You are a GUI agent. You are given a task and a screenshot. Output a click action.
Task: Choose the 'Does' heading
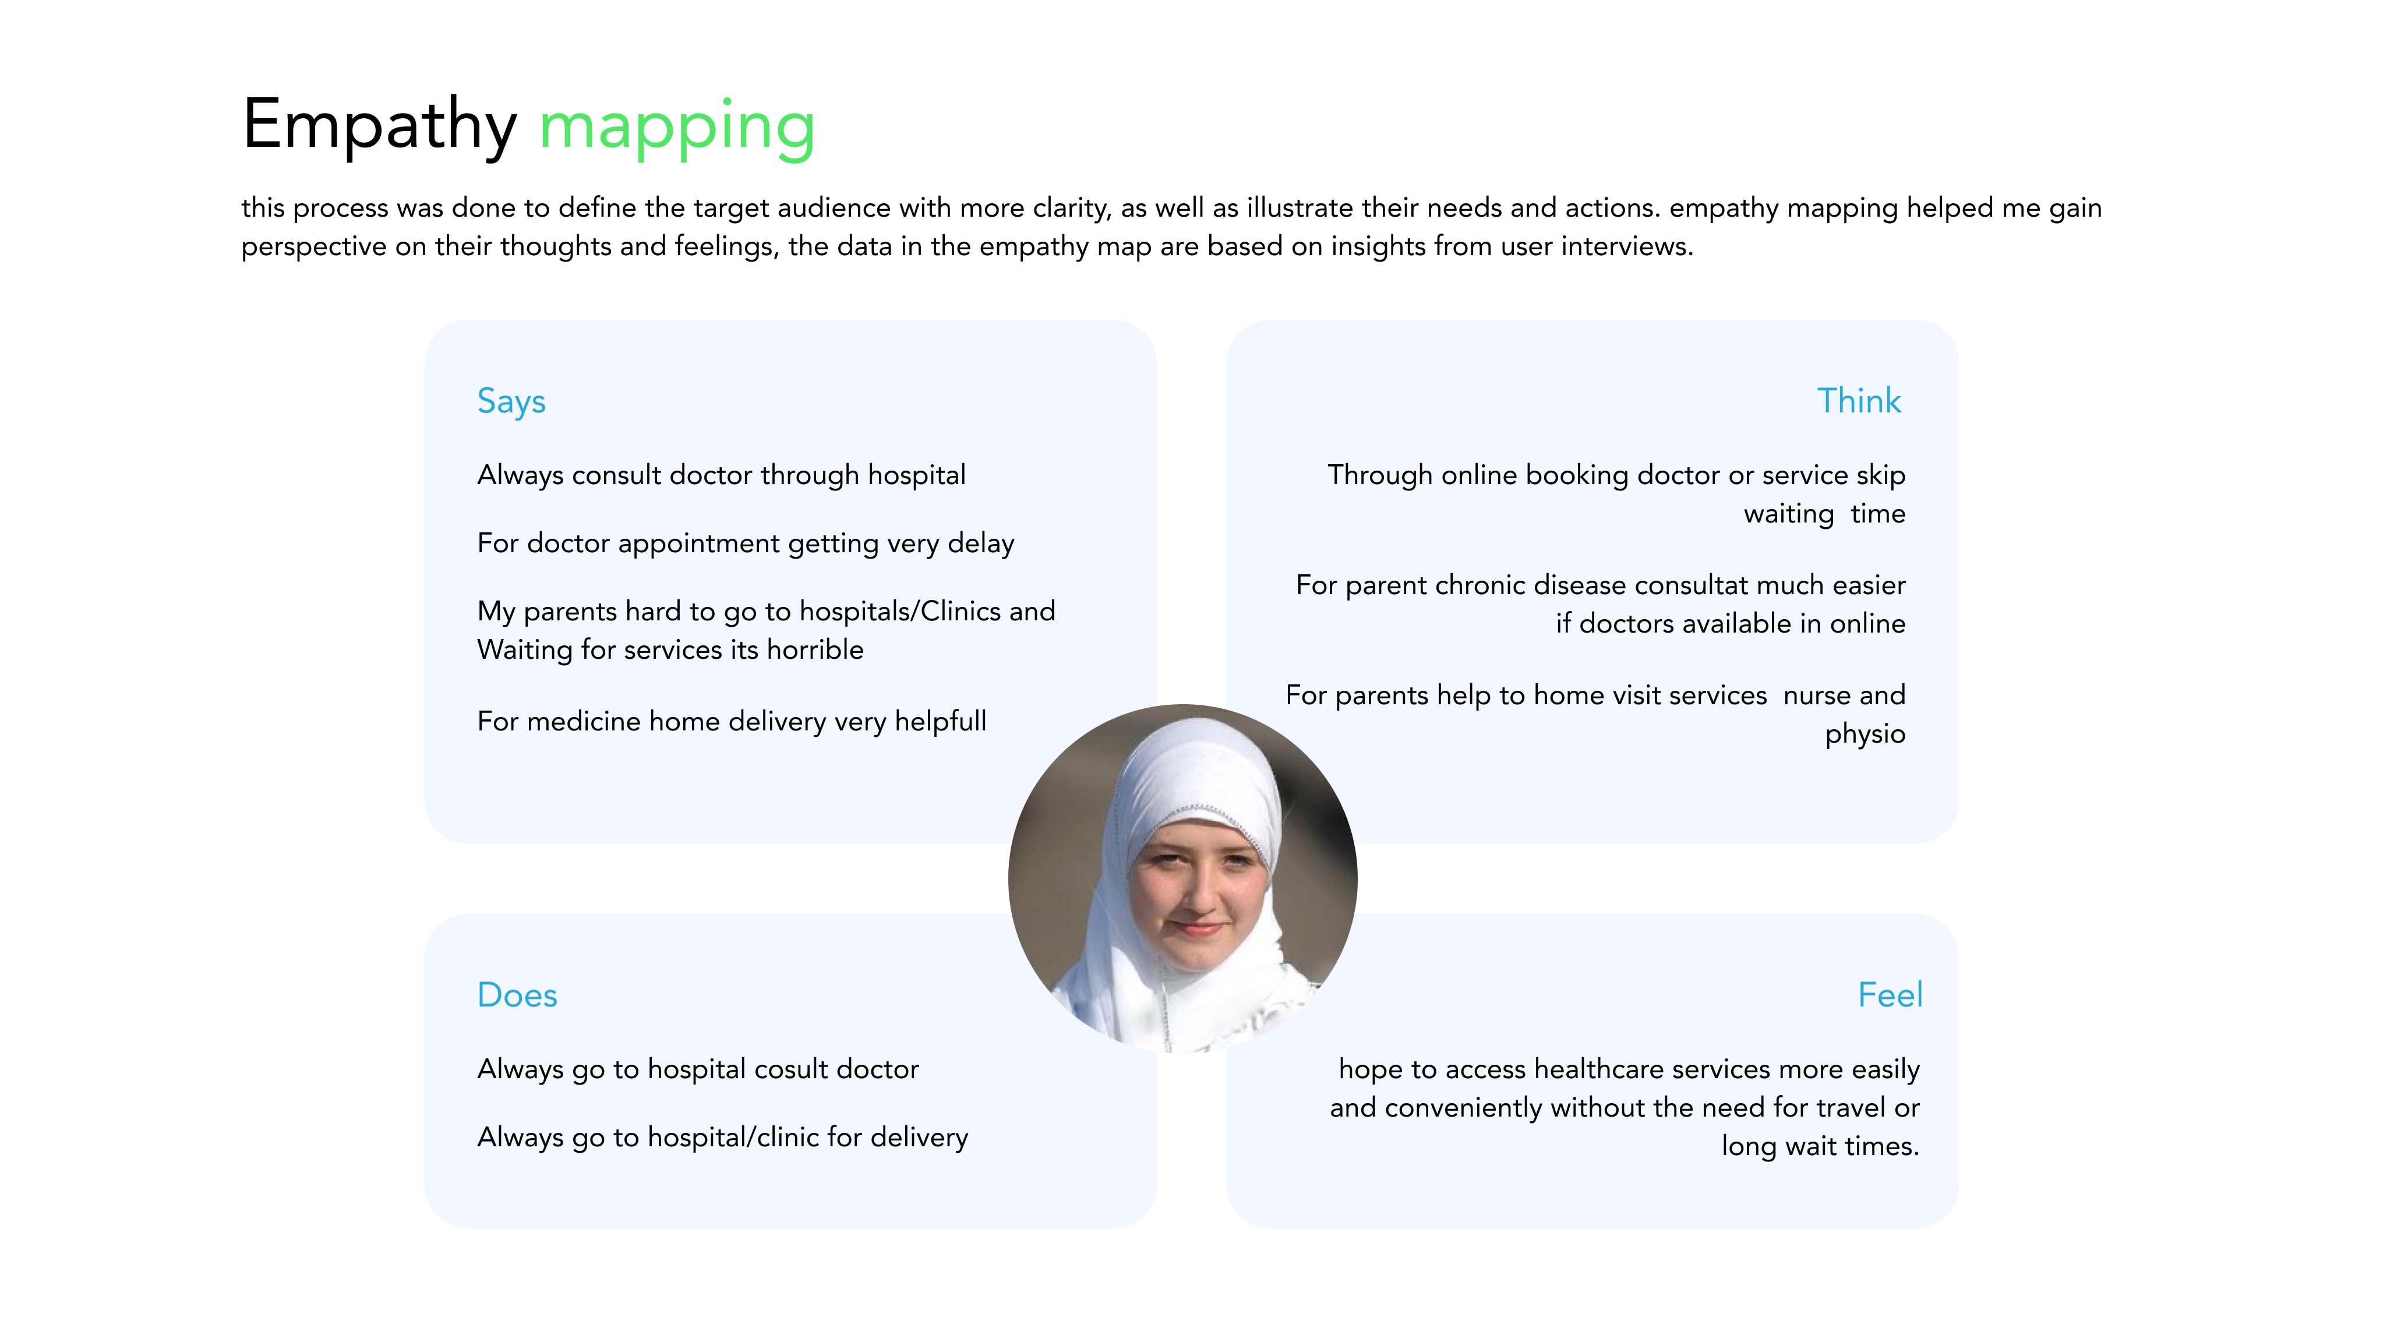[517, 995]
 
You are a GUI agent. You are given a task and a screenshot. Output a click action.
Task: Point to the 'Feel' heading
[1890, 995]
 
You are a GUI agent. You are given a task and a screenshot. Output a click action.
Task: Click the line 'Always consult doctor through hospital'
[721, 475]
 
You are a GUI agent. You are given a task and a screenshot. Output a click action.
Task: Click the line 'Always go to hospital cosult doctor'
[698, 1069]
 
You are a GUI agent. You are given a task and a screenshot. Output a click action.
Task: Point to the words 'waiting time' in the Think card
[1824, 514]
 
